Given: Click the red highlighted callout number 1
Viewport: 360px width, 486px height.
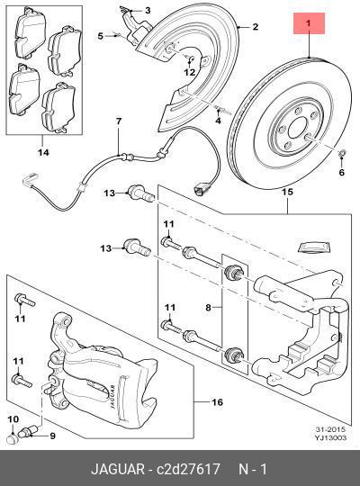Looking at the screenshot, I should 309,22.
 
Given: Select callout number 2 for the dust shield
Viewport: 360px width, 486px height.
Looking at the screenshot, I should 255,27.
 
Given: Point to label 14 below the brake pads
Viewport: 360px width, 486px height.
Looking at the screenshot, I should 42,152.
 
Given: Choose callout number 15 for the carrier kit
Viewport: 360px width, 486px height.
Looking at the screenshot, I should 287,193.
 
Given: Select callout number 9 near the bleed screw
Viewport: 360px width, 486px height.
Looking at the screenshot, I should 52,436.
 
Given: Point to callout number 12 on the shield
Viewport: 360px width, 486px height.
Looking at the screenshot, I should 191,72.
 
